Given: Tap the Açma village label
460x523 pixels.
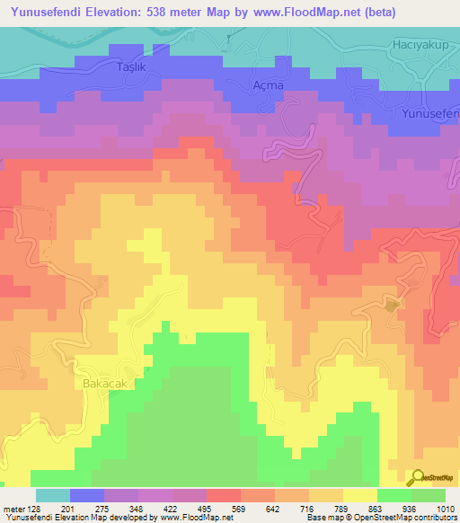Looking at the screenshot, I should [x=268, y=84].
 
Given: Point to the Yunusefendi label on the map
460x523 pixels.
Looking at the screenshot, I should [x=431, y=114].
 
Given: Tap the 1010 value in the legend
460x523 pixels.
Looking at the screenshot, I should [x=445, y=508].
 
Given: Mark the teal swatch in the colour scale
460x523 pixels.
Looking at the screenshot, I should [x=52, y=495].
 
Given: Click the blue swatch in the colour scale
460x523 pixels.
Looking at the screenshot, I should [x=86, y=495].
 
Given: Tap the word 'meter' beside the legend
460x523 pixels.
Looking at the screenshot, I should [x=13, y=508].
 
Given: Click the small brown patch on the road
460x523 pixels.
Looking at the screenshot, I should [x=392, y=306].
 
